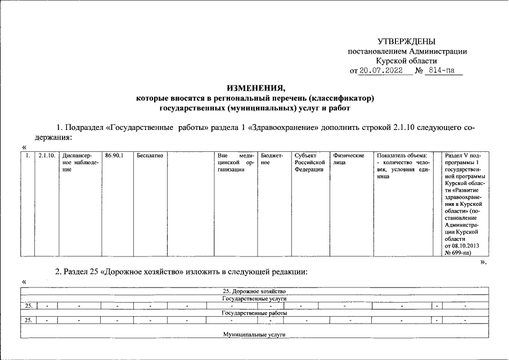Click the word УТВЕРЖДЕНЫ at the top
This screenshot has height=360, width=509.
pyautogui.click(x=406, y=42)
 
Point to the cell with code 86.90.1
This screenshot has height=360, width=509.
pyautogui.click(x=114, y=155)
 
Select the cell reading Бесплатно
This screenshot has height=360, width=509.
pyautogui.click(x=150, y=155)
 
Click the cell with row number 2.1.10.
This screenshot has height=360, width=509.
pyautogui.click(x=46, y=155)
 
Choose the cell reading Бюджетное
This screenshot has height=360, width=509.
pyautogui.click(x=272, y=159)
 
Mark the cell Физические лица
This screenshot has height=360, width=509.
pyautogui.click(x=349, y=159)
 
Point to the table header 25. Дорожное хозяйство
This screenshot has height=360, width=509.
pyautogui.click(x=255, y=291)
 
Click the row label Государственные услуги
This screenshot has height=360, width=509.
pyautogui.click(x=255, y=299)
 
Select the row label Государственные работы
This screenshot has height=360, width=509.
pyautogui.click(x=255, y=313)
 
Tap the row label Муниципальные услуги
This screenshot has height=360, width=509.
pyautogui.click(x=255, y=335)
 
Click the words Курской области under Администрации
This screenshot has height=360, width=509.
pyautogui.click(x=406, y=61)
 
